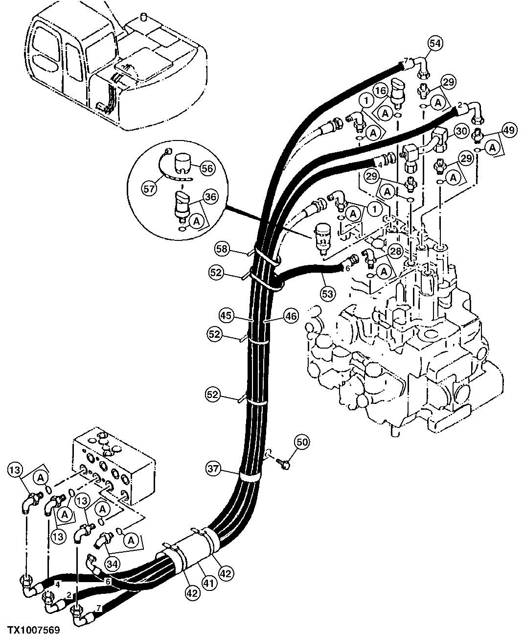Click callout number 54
tap(435, 43)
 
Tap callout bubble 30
tap(460, 131)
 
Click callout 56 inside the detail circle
tap(207, 168)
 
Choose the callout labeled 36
tap(210, 198)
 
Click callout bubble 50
tap(302, 442)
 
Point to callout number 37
tap(213, 469)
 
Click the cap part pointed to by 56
tap(182, 163)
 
